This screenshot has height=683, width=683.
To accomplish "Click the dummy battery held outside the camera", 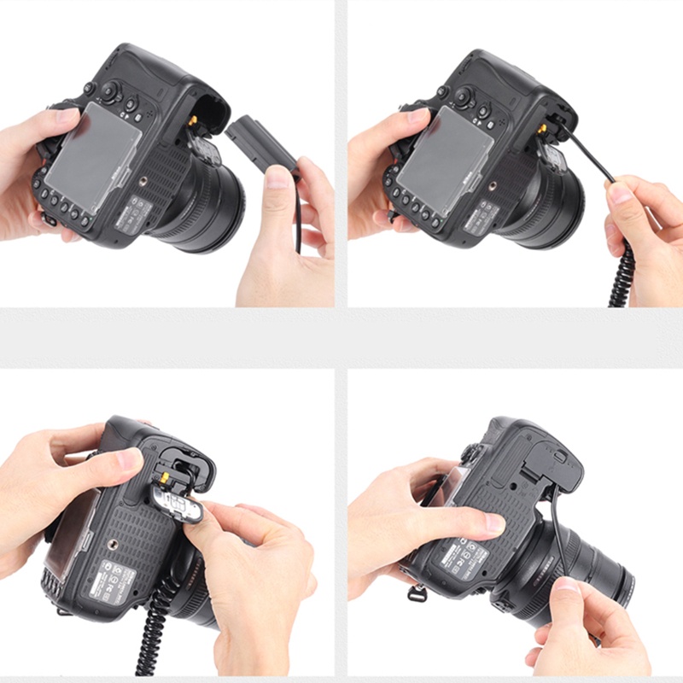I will click(260, 141).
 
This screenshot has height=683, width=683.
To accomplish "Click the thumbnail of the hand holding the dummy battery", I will click(277, 177).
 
